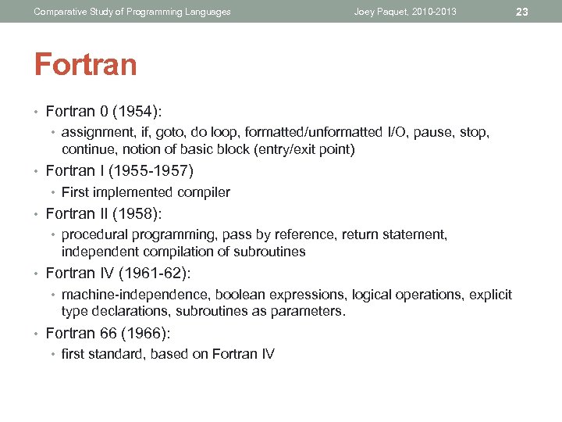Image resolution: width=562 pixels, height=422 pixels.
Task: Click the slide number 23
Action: [x=523, y=12]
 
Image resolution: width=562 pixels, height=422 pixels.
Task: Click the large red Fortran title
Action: [x=85, y=64]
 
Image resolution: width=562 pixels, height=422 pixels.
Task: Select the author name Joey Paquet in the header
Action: [x=380, y=12]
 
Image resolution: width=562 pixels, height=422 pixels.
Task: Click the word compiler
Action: [x=205, y=192]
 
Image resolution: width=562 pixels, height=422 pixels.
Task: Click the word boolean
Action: [x=238, y=295]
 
